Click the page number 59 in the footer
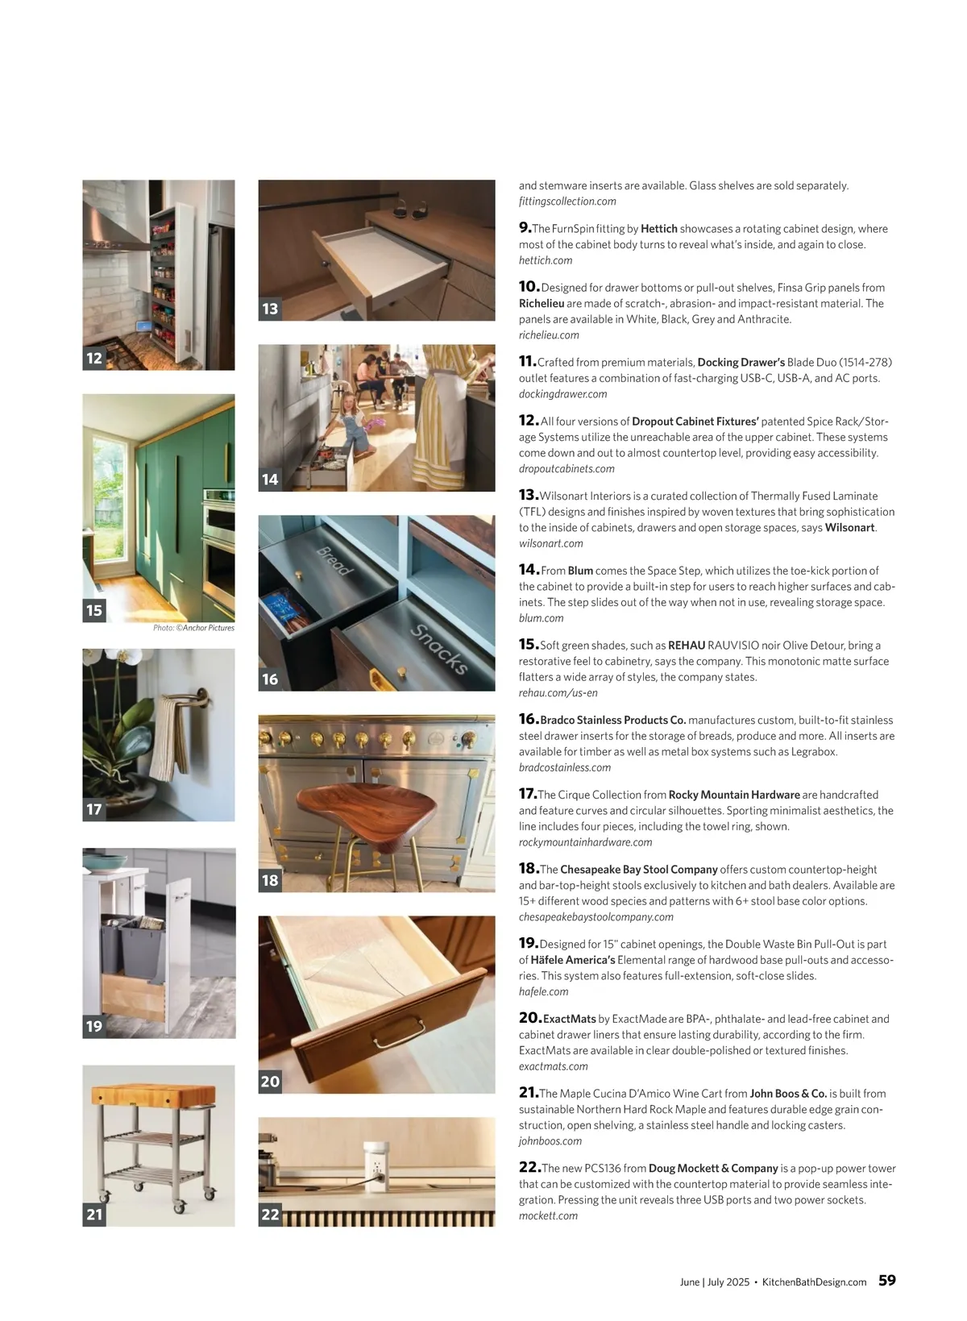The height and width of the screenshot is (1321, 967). tap(886, 1281)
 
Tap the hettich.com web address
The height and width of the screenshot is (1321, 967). tap(546, 260)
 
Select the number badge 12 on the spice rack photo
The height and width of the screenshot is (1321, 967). tap(94, 359)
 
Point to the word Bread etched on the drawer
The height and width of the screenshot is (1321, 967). tap(334, 561)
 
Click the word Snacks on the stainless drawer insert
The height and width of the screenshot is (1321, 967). tap(438, 649)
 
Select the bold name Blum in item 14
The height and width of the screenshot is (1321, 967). tap(580, 571)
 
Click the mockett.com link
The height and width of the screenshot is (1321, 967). tap(548, 1215)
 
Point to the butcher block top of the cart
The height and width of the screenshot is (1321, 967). tap(153, 1095)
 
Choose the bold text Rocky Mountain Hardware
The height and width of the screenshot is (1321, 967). tap(734, 795)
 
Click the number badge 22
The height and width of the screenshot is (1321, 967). tap(270, 1215)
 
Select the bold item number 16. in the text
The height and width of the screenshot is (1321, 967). tap(528, 719)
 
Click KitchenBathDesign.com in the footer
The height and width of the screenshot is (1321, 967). tap(814, 1282)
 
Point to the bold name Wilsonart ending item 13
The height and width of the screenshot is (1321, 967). tap(849, 528)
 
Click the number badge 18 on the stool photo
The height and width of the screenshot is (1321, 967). tap(270, 881)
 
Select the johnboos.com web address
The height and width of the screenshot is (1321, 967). tap(550, 1141)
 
